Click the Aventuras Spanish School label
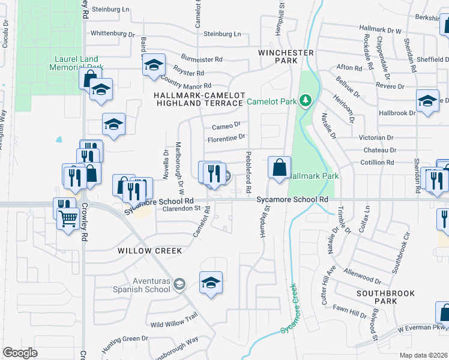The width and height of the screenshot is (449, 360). coord(141,284)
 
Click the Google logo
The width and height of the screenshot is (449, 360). coord(20,353)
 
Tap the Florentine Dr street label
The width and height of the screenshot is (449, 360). coord(226,137)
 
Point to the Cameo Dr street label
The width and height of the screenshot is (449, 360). coord(226,126)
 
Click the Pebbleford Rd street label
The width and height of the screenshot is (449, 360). coord(248,172)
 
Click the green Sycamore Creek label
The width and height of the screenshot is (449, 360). coord(291,310)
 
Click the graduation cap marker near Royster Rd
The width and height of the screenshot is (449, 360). coord(154,65)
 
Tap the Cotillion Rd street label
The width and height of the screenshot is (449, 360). coord(377,163)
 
